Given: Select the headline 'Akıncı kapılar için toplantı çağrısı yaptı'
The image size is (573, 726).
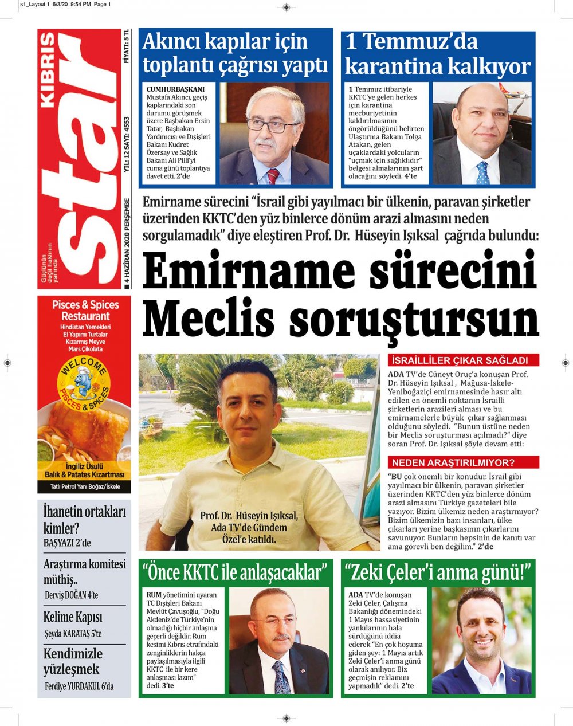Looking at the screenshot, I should pos(235,54).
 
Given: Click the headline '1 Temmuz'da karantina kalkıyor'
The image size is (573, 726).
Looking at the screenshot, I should pos(438,54).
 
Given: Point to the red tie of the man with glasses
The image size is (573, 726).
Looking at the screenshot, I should pos(273,175).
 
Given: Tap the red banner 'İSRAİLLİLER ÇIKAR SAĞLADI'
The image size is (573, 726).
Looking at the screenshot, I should pos(464,361).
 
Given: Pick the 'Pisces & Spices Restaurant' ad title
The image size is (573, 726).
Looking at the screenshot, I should pos(85,310).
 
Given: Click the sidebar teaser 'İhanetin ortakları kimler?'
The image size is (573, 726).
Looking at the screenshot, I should pos(84,520).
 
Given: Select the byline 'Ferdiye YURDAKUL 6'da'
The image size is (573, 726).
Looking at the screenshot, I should pos(79,686).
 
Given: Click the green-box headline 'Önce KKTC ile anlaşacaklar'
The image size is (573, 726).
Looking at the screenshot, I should pos(236,572).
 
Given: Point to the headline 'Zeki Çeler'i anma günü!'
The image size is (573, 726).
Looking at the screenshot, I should pos(438,572).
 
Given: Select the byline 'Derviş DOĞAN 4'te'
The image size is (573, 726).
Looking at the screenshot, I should pos(71,595).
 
